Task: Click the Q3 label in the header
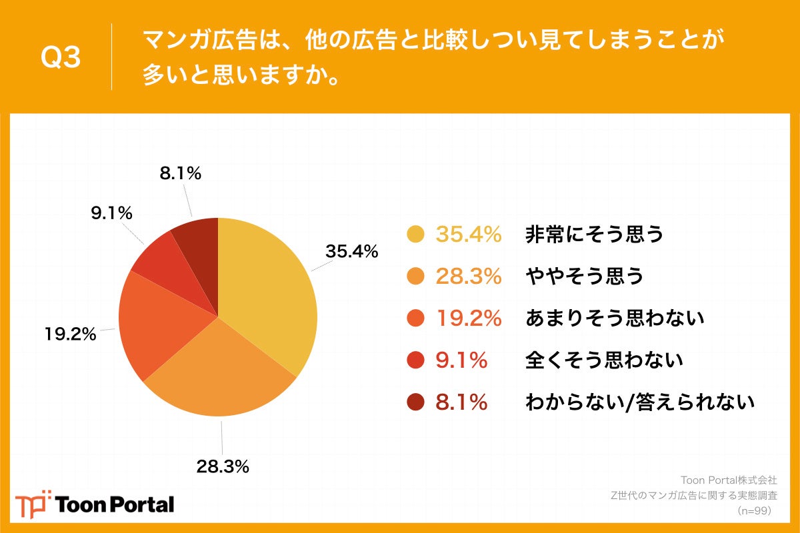click(x=61, y=57)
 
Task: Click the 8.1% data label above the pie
click(x=180, y=174)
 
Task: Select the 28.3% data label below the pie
click(x=223, y=466)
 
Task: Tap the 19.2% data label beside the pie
click(x=69, y=334)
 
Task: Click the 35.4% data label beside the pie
click(x=351, y=252)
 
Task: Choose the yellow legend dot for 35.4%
click(x=415, y=235)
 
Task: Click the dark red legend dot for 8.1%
click(x=415, y=402)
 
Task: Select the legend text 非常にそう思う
click(x=595, y=235)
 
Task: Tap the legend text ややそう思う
click(x=585, y=276)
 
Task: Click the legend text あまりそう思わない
click(x=615, y=318)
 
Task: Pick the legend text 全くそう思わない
click(x=605, y=360)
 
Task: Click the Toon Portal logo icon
click(x=33, y=504)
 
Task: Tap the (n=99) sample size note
click(x=755, y=510)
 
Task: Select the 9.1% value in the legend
click(x=461, y=360)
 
